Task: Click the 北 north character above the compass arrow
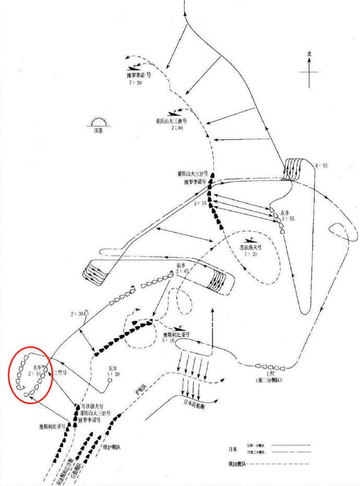pos(309,54)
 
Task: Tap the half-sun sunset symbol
pos(98,123)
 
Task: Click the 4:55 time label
pos(321,166)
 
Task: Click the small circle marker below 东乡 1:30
pos(110,381)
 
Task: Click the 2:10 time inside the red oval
pos(35,374)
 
